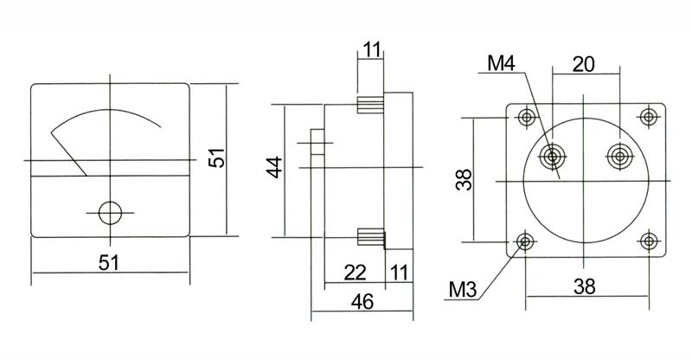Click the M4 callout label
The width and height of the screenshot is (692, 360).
pyautogui.click(x=501, y=64)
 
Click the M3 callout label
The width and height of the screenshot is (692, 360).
pyautogui.click(x=463, y=290)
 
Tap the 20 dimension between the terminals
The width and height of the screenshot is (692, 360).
pyautogui.click(x=583, y=65)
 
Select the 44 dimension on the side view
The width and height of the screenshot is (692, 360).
pyautogui.click(x=275, y=167)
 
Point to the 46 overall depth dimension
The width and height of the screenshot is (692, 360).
pyautogui.click(x=362, y=302)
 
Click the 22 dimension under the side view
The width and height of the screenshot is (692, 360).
pyautogui.click(x=356, y=273)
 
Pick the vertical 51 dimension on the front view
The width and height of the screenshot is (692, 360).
pyautogui.click(x=217, y=157)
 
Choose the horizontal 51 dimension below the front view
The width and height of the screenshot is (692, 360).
pyautogui.click(x=109, y=263)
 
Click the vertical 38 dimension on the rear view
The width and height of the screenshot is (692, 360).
pyautogui.click(x=465, y=180)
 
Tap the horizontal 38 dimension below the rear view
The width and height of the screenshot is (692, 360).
pyautogui.click(x=585, y=286)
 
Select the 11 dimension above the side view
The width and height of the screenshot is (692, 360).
pyautogui.click(x=372, y=50)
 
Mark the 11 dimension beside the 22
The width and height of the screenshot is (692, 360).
pyautogui.click(x=399, y=273)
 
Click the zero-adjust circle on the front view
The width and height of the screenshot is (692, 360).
pyautogui.click(x=110, y=213)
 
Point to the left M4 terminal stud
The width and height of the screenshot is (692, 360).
pyautogui.click(x=552, y=156)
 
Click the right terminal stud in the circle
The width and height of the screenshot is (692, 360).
pyautogui.click(x=620, y=156)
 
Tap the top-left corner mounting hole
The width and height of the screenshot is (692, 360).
pyautogui.click(x=526, y=118)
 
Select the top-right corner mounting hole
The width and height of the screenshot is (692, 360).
pyautogui.click(x=649, y=118)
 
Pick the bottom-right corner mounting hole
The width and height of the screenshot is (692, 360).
pyautogui.click(x=649, y=241)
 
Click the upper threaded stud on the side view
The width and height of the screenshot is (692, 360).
pyautogui.click(x=371, y=105)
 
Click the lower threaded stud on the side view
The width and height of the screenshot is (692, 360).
pyautogui.click(x=371, y=237)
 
